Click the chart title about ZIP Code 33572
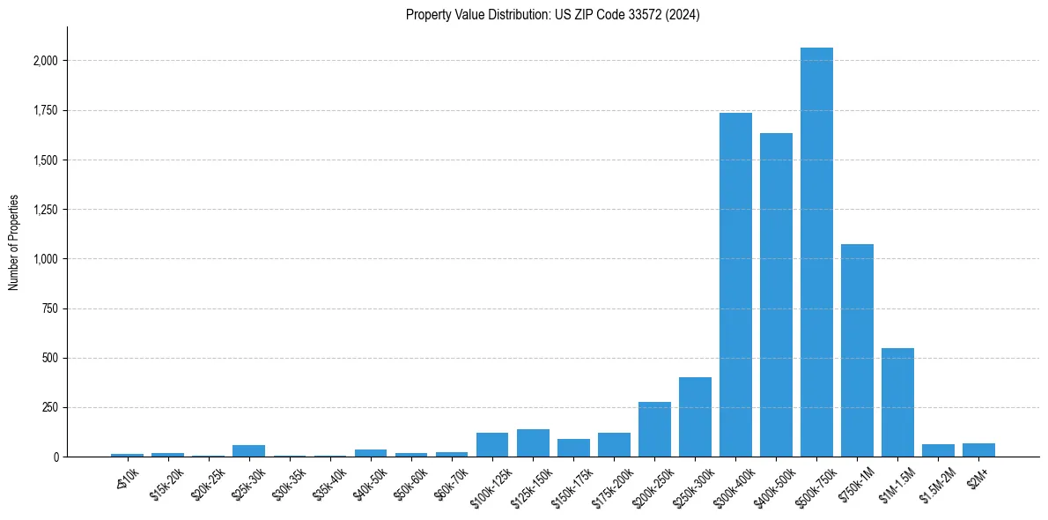[552, 15]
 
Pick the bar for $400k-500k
[776, 295]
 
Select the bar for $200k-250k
[654, 429]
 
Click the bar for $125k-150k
[533, 443]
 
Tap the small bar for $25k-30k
[248, 451]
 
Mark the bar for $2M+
[978, 450]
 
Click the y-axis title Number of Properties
[14, 242]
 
